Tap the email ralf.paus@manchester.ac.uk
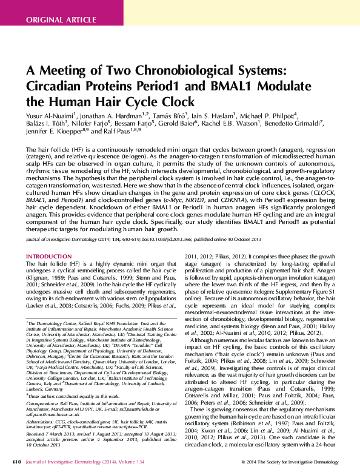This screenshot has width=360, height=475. coord(55,415)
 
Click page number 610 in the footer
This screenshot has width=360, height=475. coord(16,462)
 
